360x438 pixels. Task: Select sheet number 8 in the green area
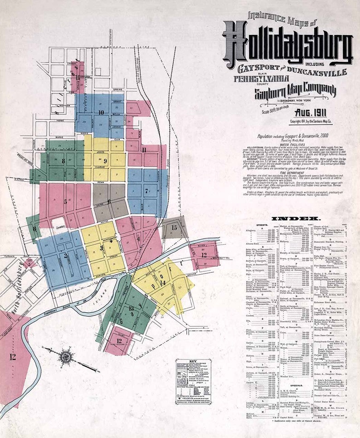[x=63, y=160]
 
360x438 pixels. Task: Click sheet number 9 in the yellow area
[x=105, y=161]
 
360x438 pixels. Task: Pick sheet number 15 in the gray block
[x=174, y=227]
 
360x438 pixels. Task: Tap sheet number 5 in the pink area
[x=65, y=201]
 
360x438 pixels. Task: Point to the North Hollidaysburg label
[x=19, y=281]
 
